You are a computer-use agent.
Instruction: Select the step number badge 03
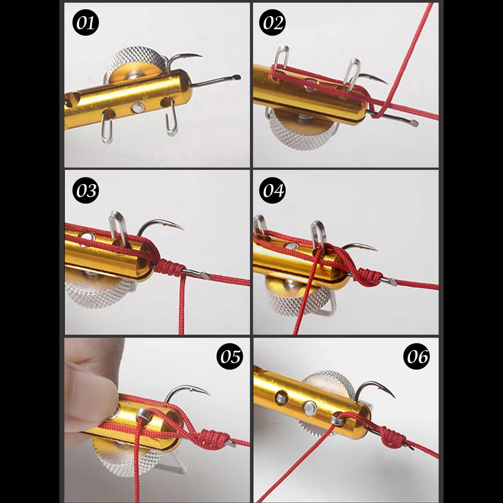[86, 191]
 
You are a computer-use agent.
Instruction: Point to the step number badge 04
[273, 191]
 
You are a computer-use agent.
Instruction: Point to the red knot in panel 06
[392, 437]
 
